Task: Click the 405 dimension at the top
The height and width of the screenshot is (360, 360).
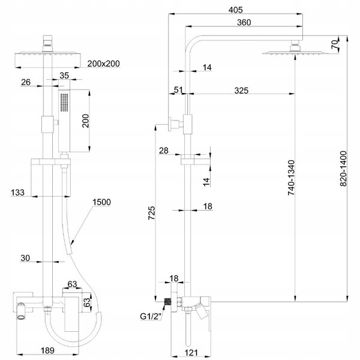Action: tap(236, 10)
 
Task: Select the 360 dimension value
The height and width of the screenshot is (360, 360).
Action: tap(244, 23)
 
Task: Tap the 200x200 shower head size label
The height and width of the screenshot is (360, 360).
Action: tap(104, 64)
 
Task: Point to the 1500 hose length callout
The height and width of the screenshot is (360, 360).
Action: tap(101, 202)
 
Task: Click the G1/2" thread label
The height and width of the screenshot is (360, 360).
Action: tap(151, 316)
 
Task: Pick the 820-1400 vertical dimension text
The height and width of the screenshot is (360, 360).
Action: tap(343, 168)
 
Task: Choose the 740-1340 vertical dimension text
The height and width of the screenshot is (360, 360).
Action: tap(291, 178)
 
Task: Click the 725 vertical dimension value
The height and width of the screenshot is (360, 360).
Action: tap(152, 213)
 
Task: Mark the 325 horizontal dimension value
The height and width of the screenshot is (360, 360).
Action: tap(241, 91)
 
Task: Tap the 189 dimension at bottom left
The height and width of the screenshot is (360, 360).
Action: tap(47, 350)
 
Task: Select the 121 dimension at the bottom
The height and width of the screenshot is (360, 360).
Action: tap(191, 353)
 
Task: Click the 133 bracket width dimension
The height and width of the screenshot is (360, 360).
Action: tap(17, 193)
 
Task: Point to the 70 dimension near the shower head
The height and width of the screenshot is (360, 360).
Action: tap(335, 44)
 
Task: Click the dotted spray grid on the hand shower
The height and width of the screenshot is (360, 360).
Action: tap(64, 103)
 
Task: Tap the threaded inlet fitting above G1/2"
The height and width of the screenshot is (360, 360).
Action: tap(167, 301)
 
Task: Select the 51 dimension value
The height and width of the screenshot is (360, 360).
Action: tap(178, 90)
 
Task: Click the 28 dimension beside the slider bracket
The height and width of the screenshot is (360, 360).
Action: tap(164, 151)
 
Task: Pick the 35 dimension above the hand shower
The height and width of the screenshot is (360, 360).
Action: tap(64, 76)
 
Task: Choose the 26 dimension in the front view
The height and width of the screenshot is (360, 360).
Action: tap(25, 82)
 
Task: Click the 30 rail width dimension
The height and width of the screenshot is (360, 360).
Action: tap(25, 258)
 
